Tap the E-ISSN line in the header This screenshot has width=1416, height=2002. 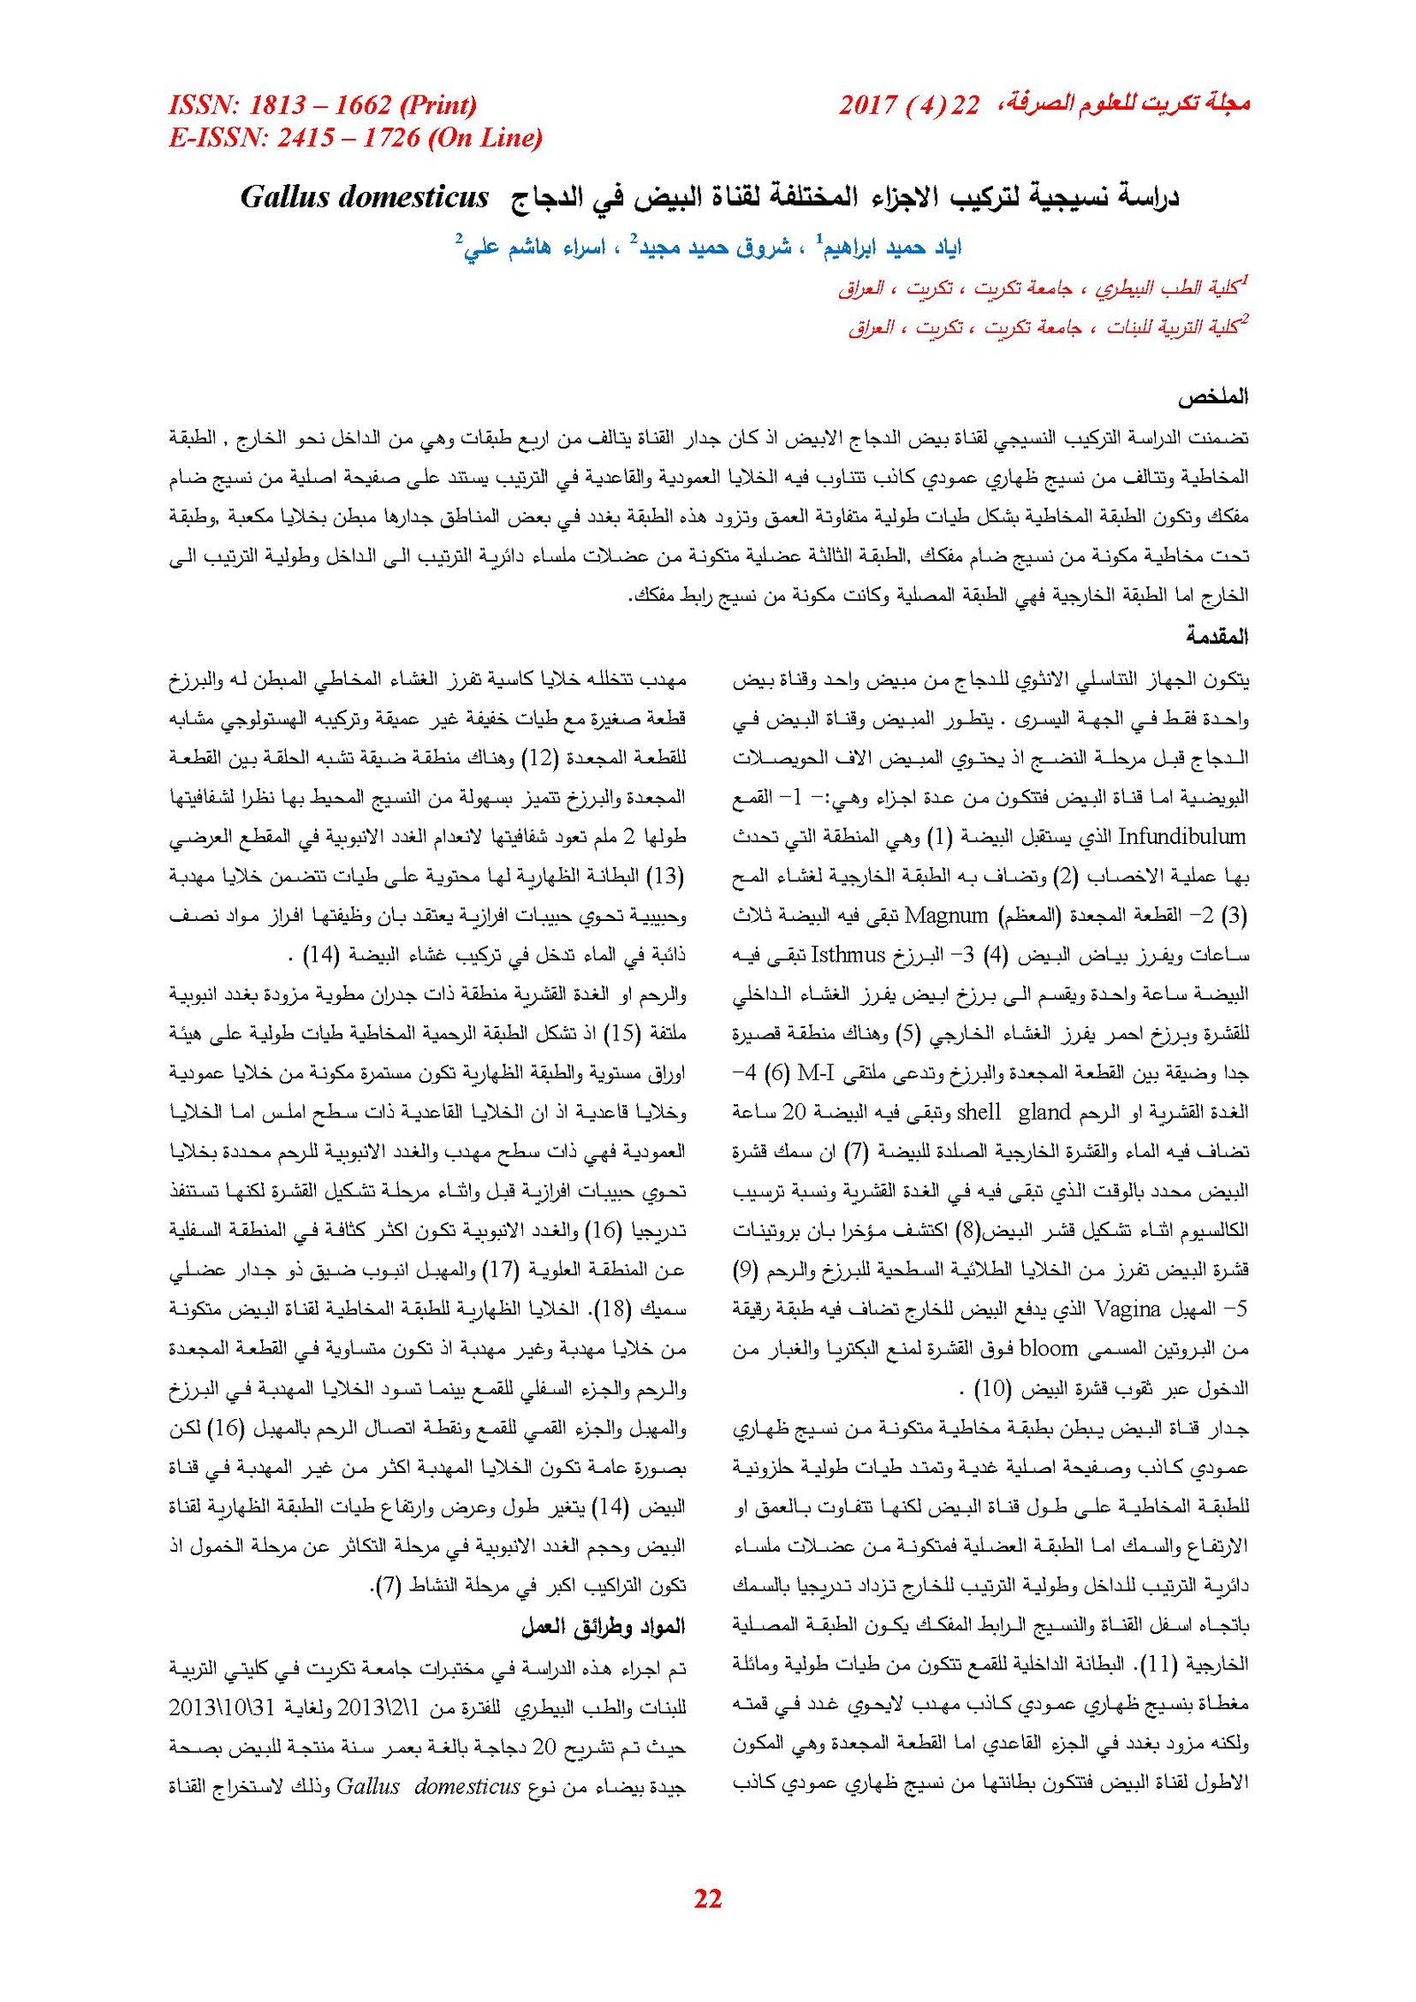tap(355, 138)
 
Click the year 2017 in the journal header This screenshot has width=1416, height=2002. tap(868, 105)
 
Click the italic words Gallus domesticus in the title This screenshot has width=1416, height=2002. tap(364, 196)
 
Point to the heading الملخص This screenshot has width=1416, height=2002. tap(1212, 397)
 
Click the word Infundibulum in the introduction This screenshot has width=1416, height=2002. tap(1181, 836)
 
